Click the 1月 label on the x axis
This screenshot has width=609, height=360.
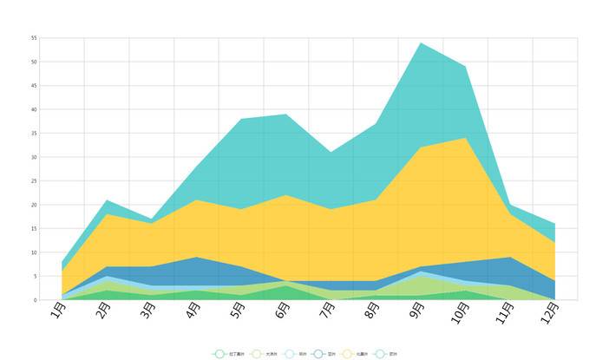pyautogui.click(x=58, y=311)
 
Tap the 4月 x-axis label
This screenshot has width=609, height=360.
pyautogui.click(x=193, y=311)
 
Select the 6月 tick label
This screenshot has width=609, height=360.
pyautogui.click(x=282, y=311)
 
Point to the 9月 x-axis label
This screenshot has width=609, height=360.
pyautogui.click(x=416, y=311)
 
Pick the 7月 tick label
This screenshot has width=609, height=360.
pyautogui.click(x=327, y=311)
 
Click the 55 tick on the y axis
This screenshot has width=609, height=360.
pyautogui.click(x=34, y=38)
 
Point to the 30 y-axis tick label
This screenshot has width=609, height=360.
pyautogui.click(x=34, y=157)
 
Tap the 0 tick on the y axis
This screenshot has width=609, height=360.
pyautogui.click(x=36, y=300)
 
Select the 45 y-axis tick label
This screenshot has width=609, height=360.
pyautogui.click(x=34, y=86)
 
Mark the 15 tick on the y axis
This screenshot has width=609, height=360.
pyautogui.click(x=34, y=229)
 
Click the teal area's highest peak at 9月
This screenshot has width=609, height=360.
pyautogui.click(x=421, y=43)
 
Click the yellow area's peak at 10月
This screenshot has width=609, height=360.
pyautogui.click(x=466, y=138)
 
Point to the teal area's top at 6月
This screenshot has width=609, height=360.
pyautogui.click(x=286, y=115)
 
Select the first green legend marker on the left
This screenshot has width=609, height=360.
pyautogui.click(x=219, y=354)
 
